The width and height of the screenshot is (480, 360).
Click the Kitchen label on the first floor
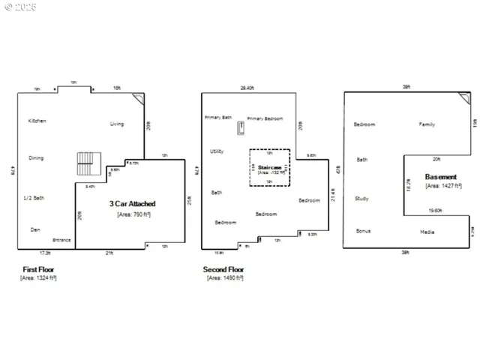(37, 121)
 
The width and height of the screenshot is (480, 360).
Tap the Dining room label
(36, 158)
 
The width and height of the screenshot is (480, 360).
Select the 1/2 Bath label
(34, 198)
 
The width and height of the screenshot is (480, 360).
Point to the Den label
(34, 229)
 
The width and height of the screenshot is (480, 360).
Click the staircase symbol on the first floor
(88, 163)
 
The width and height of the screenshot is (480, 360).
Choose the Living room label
(117, 124)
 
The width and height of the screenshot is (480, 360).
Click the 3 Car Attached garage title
(133, 203)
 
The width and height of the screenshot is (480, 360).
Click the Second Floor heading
(223, 269)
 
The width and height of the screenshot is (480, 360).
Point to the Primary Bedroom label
(265, 118)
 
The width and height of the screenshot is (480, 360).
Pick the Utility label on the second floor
(217, 151)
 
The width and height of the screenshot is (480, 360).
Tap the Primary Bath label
(218, 118)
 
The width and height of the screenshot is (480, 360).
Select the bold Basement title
(441, 177)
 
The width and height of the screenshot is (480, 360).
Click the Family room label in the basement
(427, 124)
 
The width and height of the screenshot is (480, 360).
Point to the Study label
(362, 199)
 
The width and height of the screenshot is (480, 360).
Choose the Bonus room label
(363, 231)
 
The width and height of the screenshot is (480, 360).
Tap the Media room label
(427, 232)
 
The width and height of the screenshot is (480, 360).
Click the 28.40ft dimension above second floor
(248, 88)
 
